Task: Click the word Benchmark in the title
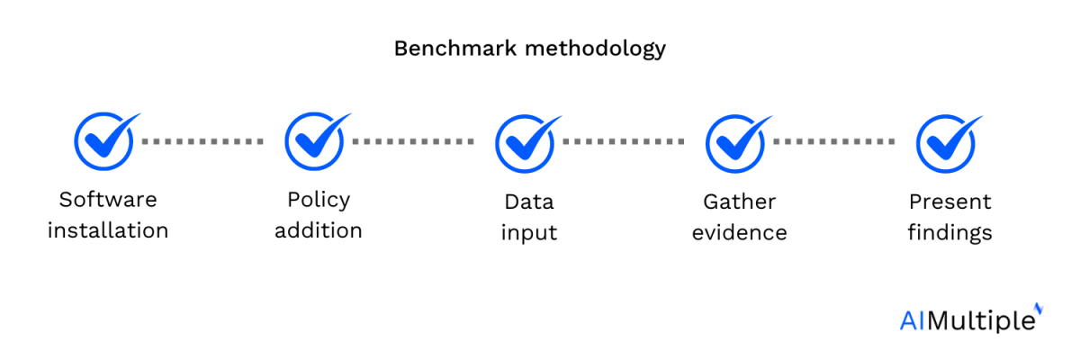tap(455, 49)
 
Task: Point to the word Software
tap(108, 200)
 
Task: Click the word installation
tap(108, 230)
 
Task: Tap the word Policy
tap(319, 201)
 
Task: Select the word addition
tap(319, 230)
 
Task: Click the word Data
tap(529, 202)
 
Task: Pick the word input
tap(529, 234)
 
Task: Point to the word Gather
tap(740, 202)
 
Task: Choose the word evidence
tap(740, 233)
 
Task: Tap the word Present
tap(950, 202)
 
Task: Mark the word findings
tap(949, 234)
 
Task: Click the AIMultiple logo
tap(971, 319)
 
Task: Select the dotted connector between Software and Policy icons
tap(202, 141)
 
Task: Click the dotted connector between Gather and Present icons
tap(834, 141)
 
